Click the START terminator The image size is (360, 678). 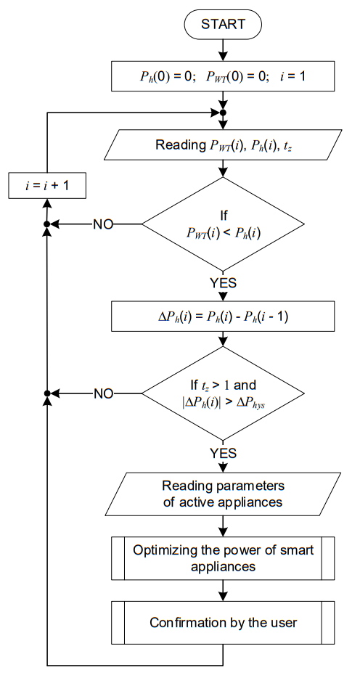pos(223,24)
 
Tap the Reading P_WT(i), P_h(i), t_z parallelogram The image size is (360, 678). pos(223,144)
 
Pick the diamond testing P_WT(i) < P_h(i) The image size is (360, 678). pos(223,224)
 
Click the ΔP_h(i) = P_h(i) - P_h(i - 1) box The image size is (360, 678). pos(223,317)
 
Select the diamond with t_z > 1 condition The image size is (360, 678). pos(223,393)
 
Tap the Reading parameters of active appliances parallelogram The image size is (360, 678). pos(223,494)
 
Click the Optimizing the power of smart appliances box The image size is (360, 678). pos(223,558)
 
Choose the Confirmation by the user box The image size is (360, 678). pos(223,623)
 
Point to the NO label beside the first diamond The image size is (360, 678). pos(103,224)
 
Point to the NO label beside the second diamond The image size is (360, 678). pos(103,394)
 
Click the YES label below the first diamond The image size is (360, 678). pos(223,283)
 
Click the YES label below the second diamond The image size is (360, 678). pos(223,453)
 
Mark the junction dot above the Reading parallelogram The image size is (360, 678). pos(223,113)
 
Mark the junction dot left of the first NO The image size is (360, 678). pos(47,224)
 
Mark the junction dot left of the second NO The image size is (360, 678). pos(47,393)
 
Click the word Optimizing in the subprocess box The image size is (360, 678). pos(160,551)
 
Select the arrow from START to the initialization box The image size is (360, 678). pos(223,50)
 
